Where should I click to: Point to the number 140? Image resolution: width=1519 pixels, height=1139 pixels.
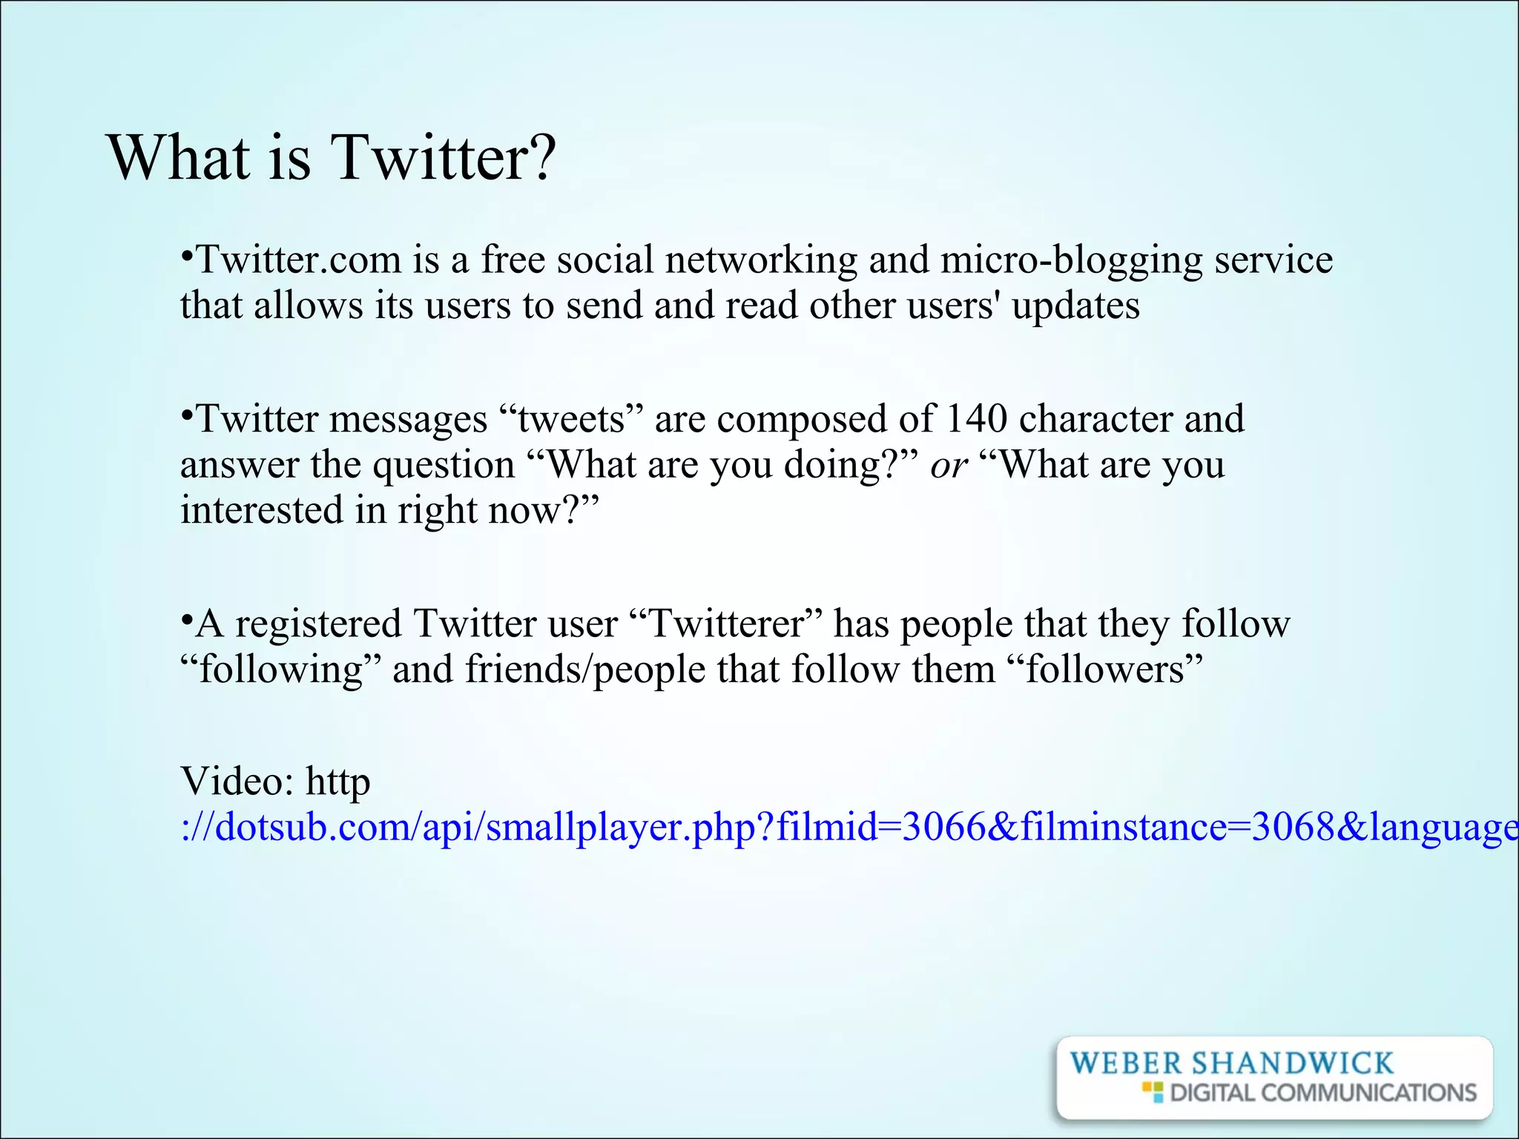976,418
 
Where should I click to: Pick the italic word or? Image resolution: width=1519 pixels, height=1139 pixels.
949,466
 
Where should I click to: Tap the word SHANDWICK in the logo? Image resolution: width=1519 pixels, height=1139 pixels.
1292,1063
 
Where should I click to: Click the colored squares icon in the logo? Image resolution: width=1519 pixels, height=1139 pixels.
1153,1092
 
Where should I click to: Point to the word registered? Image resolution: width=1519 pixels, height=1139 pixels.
318,624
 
